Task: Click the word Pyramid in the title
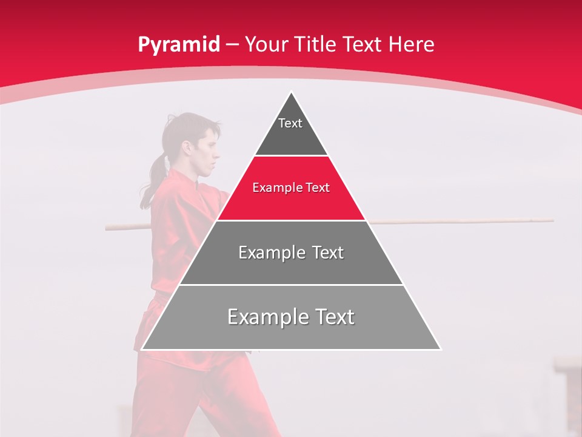pos(178,45)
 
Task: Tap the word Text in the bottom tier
pos(330,317)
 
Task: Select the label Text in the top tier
pos(290,123)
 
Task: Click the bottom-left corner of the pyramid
pos(142,349)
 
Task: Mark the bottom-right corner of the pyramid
pos(440,349)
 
